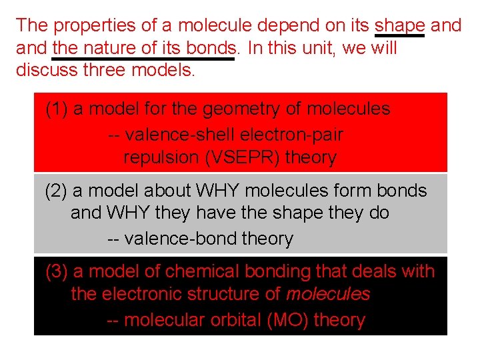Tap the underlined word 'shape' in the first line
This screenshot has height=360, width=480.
point(400,25)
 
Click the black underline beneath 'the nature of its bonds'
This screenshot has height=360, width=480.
point(143,59)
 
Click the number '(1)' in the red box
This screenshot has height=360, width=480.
point(57,109)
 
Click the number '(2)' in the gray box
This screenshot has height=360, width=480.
point(57,191)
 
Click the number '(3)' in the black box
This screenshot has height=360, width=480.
point(57,271)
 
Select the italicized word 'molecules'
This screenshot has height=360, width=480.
point(328,294)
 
